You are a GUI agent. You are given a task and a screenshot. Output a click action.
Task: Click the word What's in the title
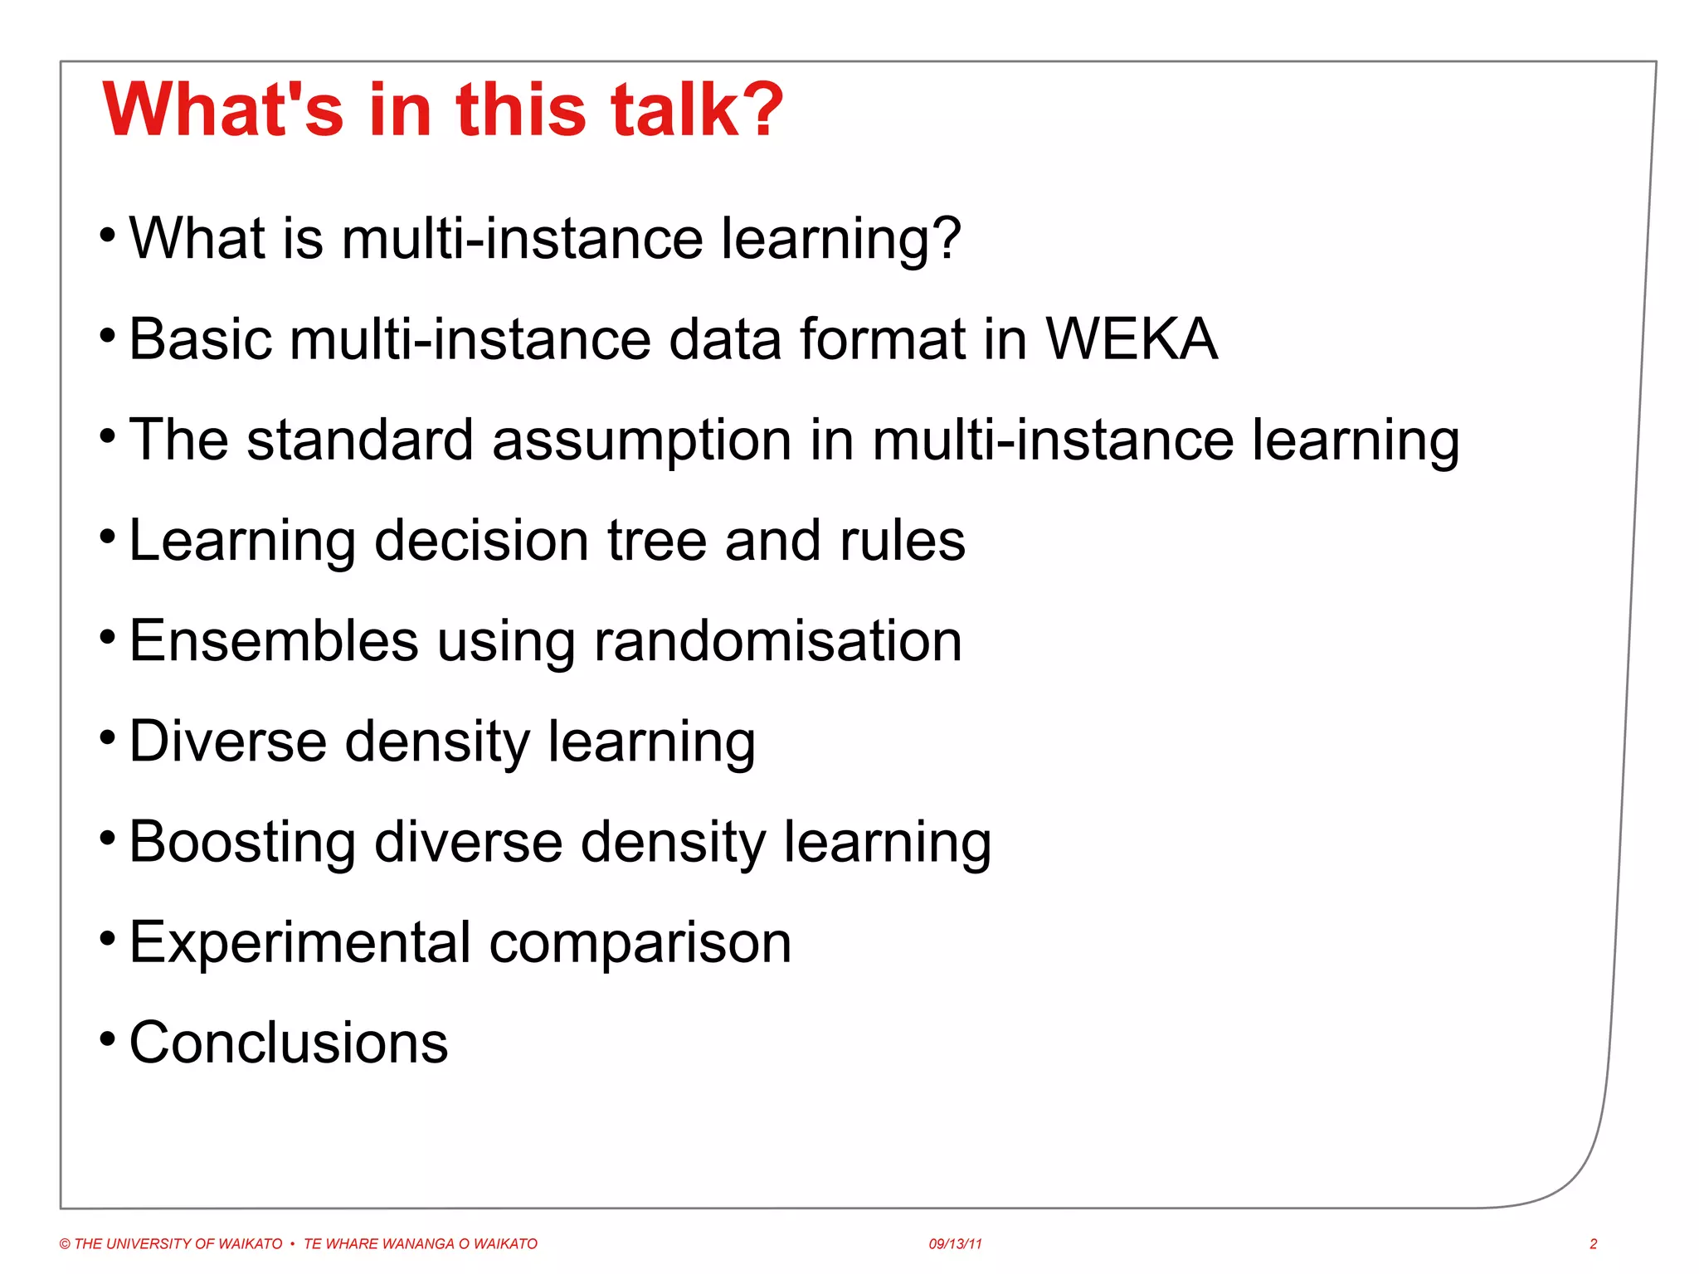coord(222,109)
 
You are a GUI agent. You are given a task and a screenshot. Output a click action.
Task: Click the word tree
coord(657,541)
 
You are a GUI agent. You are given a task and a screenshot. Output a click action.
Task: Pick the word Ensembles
coord(274,641)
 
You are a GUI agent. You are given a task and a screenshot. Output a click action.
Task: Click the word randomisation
coord(778,641)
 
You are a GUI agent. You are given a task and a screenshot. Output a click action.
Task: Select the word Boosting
coord(242,843)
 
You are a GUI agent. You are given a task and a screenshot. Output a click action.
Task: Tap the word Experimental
coord(300,943)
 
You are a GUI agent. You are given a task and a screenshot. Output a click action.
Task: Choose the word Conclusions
coord(289,1043)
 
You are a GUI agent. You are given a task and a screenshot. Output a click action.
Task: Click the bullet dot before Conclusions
coord(107,1038)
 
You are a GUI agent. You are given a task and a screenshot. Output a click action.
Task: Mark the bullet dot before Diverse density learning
coord(107,737)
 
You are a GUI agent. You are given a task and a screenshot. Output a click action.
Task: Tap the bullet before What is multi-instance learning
coord(107,235)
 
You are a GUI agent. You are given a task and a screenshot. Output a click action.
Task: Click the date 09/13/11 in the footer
coord(955,1244)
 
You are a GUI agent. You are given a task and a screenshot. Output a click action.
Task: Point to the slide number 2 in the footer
coord(1593,1244)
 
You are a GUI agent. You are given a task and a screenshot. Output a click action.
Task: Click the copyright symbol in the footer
coord(65,1244)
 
